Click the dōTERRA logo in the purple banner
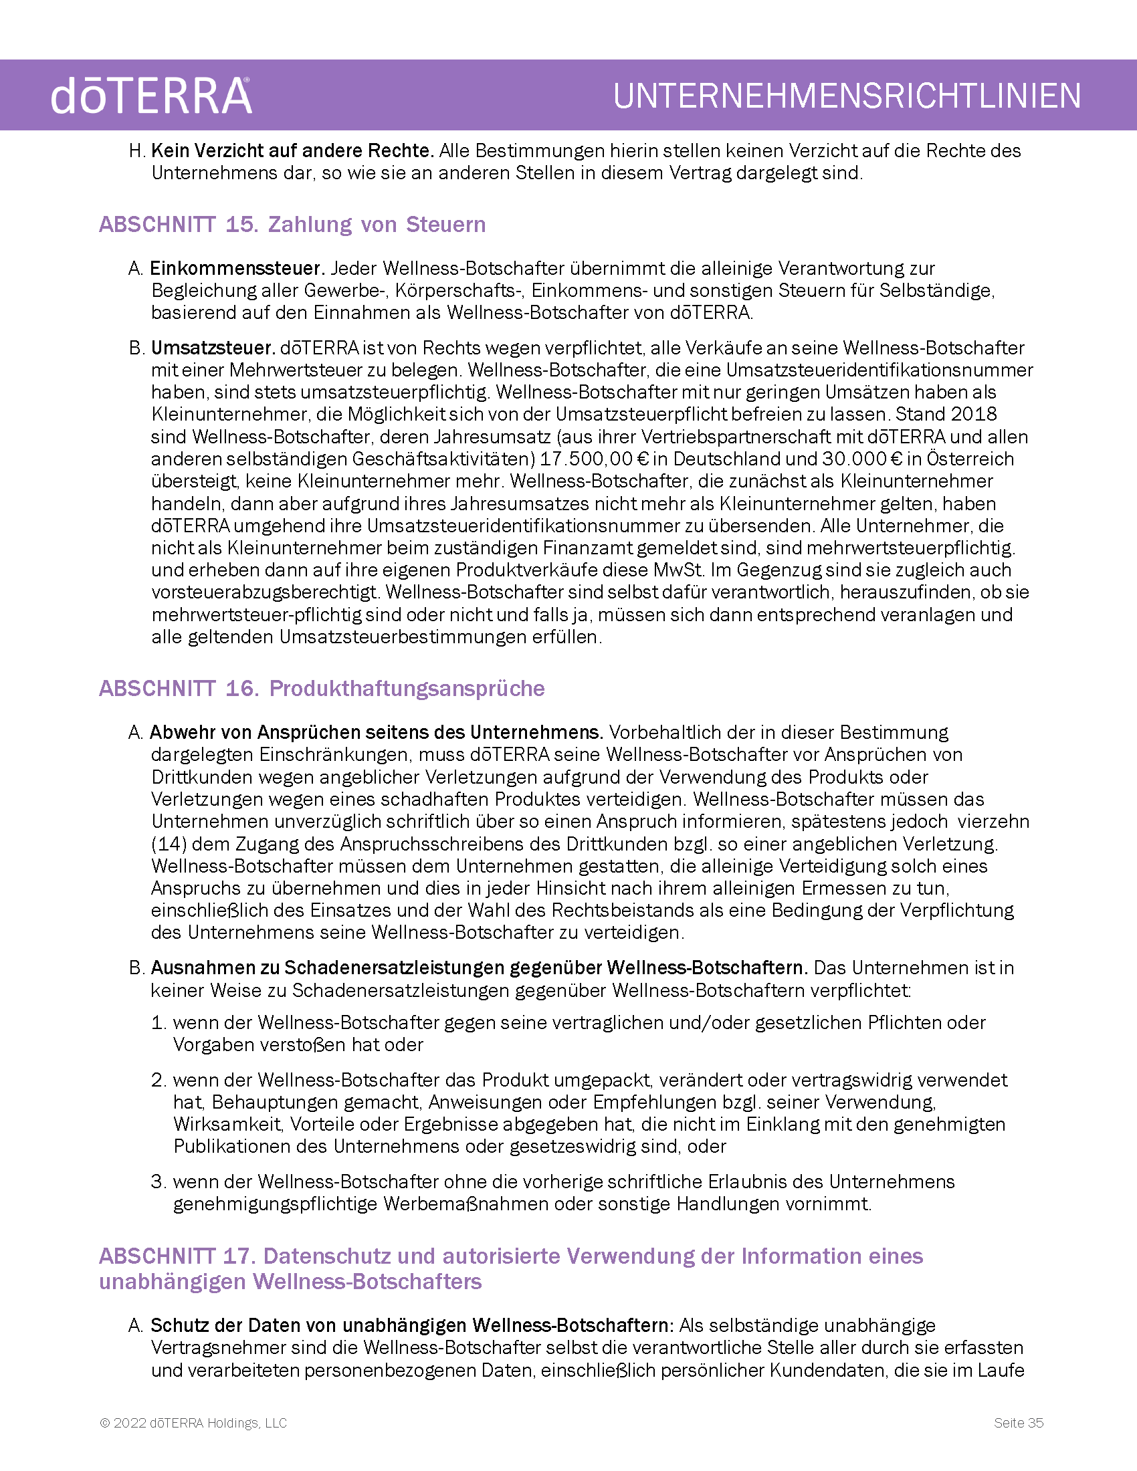click(151, 96)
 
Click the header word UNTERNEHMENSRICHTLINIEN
click(847, 96)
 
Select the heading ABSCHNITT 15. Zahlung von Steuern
click(292, 224)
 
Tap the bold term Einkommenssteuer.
click(237, 268)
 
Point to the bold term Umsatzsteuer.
click(213, 348)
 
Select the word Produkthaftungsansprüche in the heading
click(407, 688)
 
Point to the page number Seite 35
click(1019, 1422)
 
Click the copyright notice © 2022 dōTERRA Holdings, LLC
click(193, 1422)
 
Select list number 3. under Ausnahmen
click(159, 1181)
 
